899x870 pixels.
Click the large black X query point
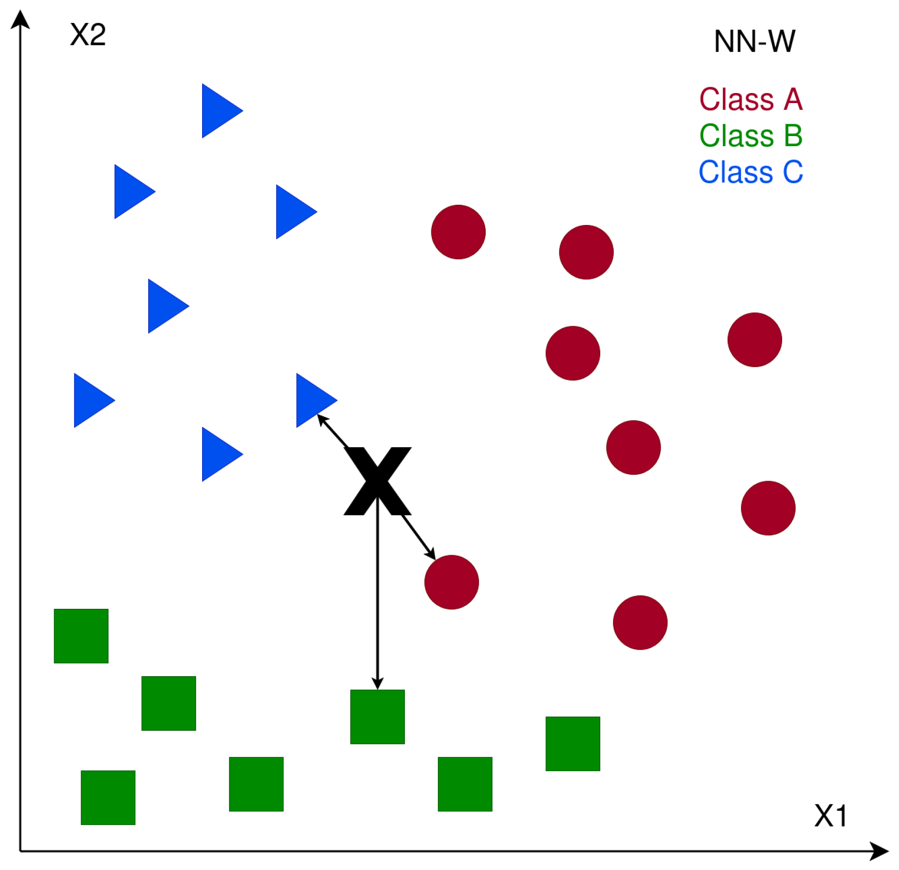377,481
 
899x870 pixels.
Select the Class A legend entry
751,99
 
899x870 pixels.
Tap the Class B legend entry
751,136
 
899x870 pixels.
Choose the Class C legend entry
751,172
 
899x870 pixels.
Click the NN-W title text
755,42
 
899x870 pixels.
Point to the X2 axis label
88,34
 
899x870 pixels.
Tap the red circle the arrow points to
452,582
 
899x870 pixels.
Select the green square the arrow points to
377,717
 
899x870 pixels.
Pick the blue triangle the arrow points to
312,400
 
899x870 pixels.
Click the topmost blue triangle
217,110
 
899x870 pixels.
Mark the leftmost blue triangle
89,400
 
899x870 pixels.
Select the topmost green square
81,636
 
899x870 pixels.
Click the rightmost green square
573,744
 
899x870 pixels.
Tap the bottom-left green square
108,798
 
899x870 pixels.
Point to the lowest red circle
640,623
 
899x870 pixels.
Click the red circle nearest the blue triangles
458,232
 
